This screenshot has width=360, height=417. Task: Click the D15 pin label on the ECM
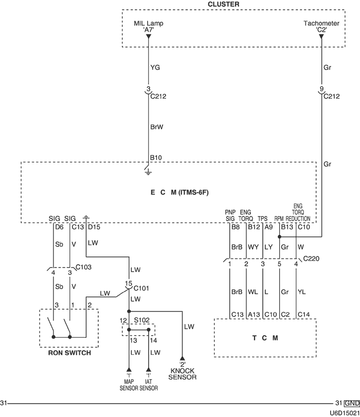click(x=94, y=226)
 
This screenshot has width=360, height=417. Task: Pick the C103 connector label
click(x=83, y=267)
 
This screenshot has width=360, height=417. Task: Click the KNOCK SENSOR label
click(x=183, y=374)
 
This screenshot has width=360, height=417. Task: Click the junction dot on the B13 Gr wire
click(x=279, y=237)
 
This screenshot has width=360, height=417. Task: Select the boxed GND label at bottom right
click(x=352, y=403)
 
